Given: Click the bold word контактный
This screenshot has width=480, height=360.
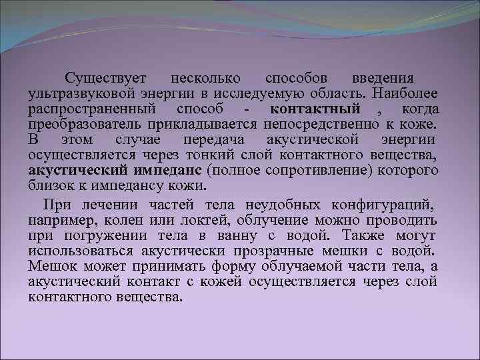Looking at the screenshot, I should pos(315,109).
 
